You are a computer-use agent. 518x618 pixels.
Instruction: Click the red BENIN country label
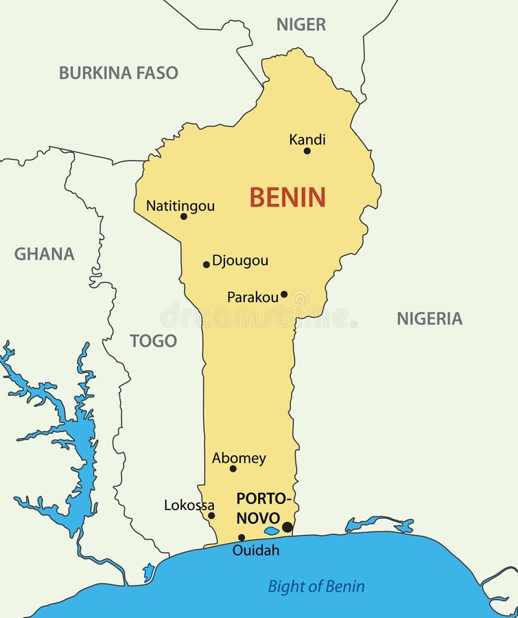pos(287,198)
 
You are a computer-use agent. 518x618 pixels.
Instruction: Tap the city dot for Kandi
pos(307,151)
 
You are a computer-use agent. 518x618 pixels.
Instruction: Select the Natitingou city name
pos(180,206)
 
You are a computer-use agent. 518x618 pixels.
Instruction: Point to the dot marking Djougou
pos(206,264)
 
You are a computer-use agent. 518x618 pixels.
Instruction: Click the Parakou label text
pos(252,297)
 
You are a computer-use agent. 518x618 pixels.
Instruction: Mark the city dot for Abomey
pos(233,469)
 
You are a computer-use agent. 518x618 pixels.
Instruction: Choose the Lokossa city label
pos(189,505)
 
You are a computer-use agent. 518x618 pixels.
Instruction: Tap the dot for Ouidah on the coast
pos(242,538)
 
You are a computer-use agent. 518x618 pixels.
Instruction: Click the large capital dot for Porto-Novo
pos(287,527)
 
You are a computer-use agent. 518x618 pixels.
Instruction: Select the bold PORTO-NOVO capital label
pos(263,508)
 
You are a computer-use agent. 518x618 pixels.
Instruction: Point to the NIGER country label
pos(301,25)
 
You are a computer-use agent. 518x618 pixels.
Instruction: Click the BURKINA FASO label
pos(118,73)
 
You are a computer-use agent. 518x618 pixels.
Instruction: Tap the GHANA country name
pos(45,254)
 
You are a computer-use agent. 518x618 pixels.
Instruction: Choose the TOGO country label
pos(154,341)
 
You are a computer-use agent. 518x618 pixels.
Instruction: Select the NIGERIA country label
pos(429,319)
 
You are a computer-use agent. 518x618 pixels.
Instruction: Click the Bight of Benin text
pos(316,586)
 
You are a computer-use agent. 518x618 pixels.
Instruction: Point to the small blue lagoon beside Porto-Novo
pos(272,531)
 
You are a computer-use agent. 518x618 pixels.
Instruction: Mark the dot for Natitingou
pos(183,216)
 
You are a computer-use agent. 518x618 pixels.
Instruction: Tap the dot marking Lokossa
pos(211,516)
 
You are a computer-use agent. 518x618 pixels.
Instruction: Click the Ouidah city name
pos(256,550)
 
